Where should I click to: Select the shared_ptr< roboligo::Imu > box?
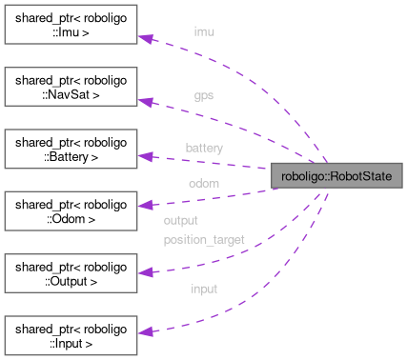tap(71, 26)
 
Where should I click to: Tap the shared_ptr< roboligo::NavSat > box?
tap(71, 88)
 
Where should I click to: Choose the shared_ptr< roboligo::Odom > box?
tap(71, 210)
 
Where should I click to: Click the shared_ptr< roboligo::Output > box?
tap(71, 272)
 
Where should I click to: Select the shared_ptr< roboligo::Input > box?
tap(71, 334)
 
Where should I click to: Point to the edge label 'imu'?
tap(204, 31)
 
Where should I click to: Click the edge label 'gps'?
tap(204, 96)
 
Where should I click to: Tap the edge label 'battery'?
tap(204, 149)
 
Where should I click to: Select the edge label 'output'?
tap(180, 220)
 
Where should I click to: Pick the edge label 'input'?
tap(204, 289)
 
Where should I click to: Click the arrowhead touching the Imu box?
tap(146, 37)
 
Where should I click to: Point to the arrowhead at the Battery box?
tap(146, 155)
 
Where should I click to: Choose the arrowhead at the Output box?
tap(146, 271)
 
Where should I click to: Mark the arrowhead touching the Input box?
tap(146, 332)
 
